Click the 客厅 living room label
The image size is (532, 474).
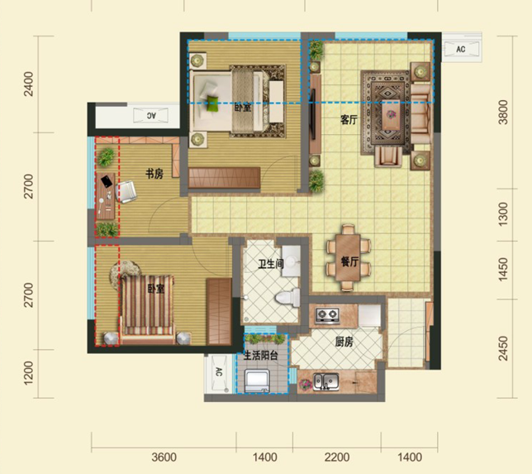(x=349, y=120)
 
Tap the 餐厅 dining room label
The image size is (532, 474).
(x=349, y=261)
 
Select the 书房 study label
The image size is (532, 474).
(x=154, y=174)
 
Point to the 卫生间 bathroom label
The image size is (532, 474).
(x=270, y=264)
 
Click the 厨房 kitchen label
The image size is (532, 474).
(x=344, y=342)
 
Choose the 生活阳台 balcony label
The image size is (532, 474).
(x=260, y=356)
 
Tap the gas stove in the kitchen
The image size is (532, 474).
(x=327, y=315)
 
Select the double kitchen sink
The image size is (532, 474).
(x=325, y=381)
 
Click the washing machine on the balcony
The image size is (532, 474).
(x=257, y=381)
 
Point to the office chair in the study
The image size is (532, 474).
(x=126, y=192)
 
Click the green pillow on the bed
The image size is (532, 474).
(x=213, y=103)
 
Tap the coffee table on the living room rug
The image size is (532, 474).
(x=392, y=115)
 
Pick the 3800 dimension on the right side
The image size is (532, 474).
(x=503, y=113)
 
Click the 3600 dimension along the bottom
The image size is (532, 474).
(x=164, y=457)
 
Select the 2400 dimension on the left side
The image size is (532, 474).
(x=29, y=84)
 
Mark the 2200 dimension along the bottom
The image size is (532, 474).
(x=337, y=457)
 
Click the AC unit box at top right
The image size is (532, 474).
(x=462, y=49)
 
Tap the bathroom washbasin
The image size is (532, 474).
(x=291, y=261)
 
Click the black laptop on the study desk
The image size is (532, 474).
(x=107, y=181)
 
